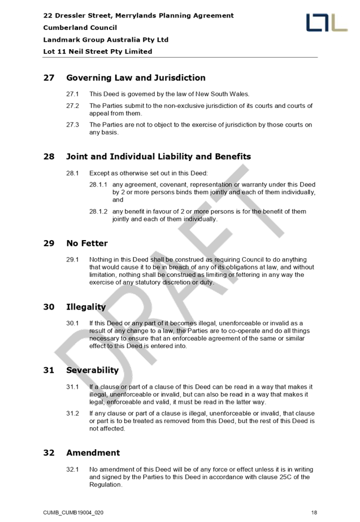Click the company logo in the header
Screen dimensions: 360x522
click(327, 23)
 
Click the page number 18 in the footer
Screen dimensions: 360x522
click(314, 513)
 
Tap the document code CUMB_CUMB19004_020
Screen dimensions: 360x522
click(73, 513)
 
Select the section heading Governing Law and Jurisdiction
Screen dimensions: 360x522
click(136, 78)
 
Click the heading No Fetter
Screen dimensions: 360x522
click(87, 243)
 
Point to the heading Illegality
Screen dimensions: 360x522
click(86, 307)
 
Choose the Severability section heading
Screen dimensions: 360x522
click(93, 370)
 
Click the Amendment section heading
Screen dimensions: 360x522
click(93, 453)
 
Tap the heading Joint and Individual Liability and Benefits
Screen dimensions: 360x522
click(158, 156)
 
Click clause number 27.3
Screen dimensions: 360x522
click(72, 125)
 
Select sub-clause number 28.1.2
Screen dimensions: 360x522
click(98, 211)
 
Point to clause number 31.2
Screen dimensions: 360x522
click(72, 414)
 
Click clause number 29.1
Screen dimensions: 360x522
click(72, 260)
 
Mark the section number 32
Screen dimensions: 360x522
click(49, 453)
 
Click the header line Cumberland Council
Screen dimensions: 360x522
click(80, 28)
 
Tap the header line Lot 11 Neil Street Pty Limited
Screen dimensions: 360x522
click(98, 51)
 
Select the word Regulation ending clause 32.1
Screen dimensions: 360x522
click(106, 485)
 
